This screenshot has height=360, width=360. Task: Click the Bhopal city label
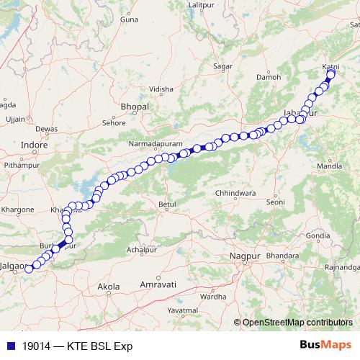coord(135,107)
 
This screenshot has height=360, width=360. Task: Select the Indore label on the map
coord(34,145)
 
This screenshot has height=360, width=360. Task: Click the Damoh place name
coord(269,76)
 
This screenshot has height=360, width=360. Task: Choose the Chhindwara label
coord(235,194)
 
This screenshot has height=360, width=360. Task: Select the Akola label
coord(108,287)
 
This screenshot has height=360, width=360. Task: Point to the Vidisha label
coord(161,89)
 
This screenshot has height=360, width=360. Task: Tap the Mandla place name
coord(330,166)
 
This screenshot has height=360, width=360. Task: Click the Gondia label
coord(318,235)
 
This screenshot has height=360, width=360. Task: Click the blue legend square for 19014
coord(6,345)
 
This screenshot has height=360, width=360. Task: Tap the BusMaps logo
coord(325,344)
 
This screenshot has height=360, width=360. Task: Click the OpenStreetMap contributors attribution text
coord(297,322)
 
